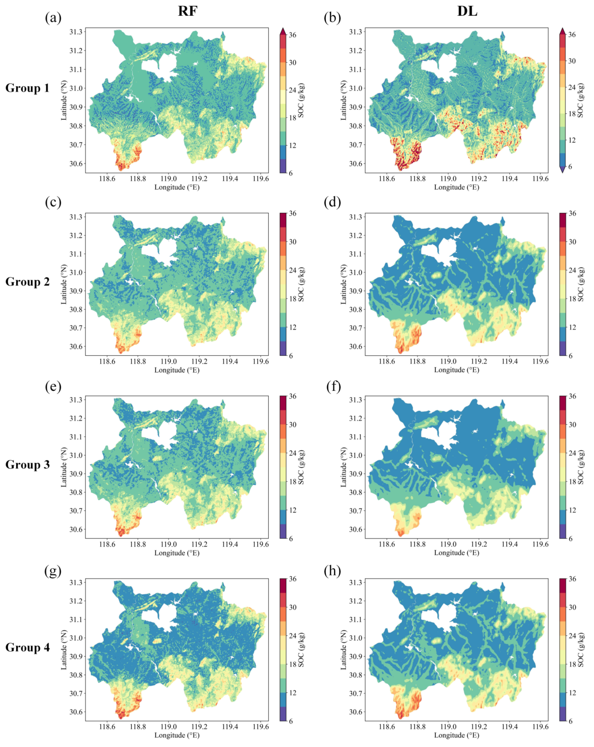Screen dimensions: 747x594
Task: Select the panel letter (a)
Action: pos(53,17)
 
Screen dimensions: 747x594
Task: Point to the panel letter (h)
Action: pos(332,570)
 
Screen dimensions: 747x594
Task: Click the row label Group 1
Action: pos(27,88)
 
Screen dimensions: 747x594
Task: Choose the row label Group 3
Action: pos(27,465)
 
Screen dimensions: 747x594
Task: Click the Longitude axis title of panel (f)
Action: pos(456,553)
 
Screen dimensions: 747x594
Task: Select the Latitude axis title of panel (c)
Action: pos(64,284)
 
